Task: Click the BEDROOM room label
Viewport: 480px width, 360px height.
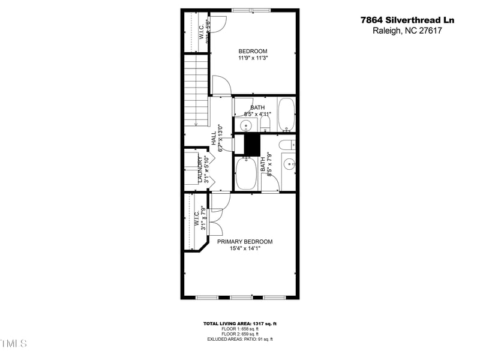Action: click(253, 51)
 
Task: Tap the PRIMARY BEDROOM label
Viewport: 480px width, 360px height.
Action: click(245, 242)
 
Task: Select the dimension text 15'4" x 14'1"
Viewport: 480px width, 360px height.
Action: click(245, 248)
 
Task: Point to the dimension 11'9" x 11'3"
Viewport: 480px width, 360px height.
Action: click(253, 58)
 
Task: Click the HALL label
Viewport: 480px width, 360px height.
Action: click(214, 138)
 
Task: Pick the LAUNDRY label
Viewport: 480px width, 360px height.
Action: click(200, 170)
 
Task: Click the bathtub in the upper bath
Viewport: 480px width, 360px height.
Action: click(286, 115)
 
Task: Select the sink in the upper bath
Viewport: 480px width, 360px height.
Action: click(245, 125)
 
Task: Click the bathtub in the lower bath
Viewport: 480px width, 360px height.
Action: click(245, 173)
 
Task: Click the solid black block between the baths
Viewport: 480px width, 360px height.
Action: click(251, 145)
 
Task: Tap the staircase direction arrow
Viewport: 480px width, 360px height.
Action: click(196, 122)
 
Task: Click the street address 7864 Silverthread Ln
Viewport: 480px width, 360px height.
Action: click(407, 20)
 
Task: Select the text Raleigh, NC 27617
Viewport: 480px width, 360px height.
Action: click(407, 31)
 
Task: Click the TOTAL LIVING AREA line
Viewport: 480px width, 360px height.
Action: click(239, 324)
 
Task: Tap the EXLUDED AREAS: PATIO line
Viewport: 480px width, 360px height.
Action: click(239, 340)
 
